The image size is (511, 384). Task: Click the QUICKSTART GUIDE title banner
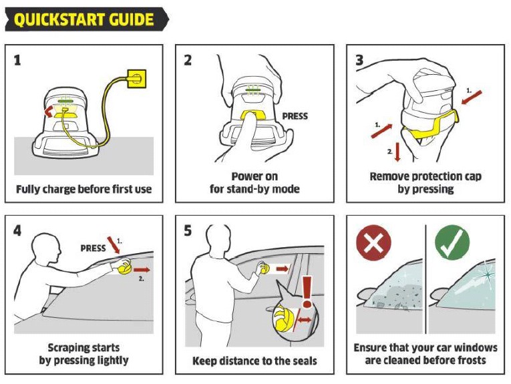click(87, 19)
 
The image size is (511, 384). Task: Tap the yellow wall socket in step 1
click(136, 79)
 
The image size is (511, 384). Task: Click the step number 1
click(17, 60)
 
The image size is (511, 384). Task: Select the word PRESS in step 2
click(295, 116)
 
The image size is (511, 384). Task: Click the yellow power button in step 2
click(253, 115)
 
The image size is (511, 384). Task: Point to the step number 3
click(359, 60)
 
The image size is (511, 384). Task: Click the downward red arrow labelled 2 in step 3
click(397, 152)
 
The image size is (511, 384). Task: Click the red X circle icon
click(373, 243)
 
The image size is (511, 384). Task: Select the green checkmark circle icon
click(452, 243)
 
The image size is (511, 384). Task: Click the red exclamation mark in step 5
click(307, 292)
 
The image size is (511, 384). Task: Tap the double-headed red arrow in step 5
click(304, 320)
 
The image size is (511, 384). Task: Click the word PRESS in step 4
click(93, 248)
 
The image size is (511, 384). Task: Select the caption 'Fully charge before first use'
click(83, 189)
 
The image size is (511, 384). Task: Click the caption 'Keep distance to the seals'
click(254, 361)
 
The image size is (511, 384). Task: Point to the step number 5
click(188, 231)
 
